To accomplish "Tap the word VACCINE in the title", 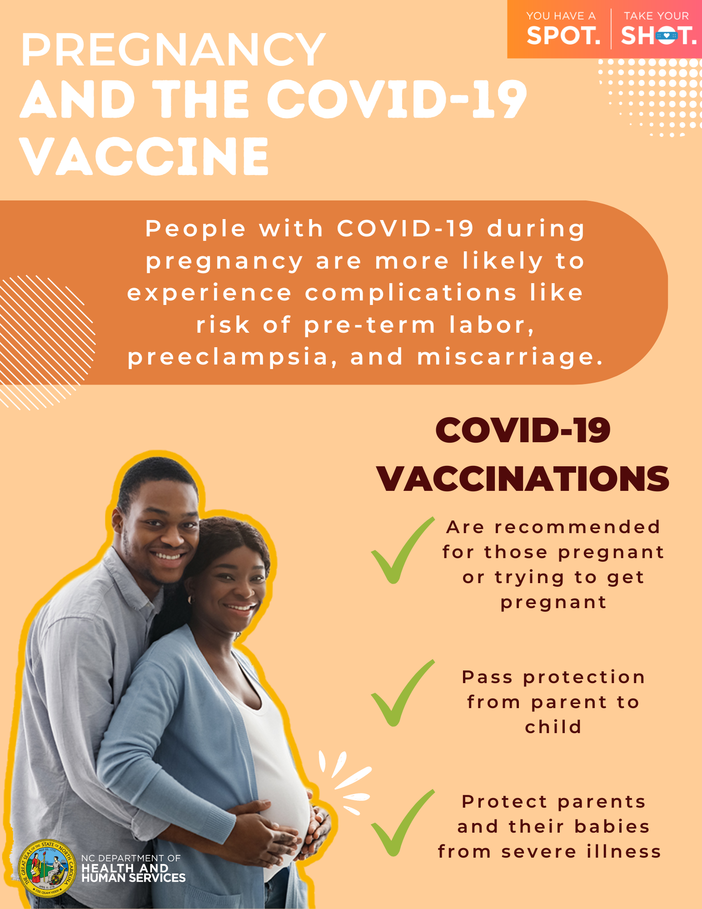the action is pyautogui.click(x=144, y=156).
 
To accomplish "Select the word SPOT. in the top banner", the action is pyautogui.click(x=563, y=36).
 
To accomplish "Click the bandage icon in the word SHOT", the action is pyautogui.click(x=667, y=35).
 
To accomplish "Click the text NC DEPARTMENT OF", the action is pyautogui.click(x=131, y=858).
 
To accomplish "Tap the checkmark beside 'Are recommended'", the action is pyautogui.click(x=403, y=550).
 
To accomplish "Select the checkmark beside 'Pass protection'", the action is pyautogui.click(x=403, y=693).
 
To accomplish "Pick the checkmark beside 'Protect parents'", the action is pyautogui.click(x=403, y=823).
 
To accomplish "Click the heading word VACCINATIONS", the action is pyautogui.click(x=523, y=479).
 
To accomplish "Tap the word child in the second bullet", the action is pyautogui.click(x=553, y=727).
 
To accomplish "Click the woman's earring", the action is pyautogui.click(x=191, y=599).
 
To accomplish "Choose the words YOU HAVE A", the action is pyautogui.click(x=561, y=16).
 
